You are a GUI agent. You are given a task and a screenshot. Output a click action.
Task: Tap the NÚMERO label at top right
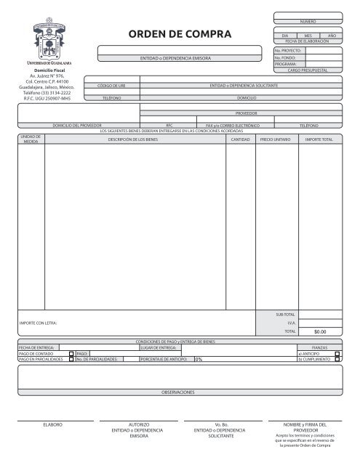[x=308, y=15]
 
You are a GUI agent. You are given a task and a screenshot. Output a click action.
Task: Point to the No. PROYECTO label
[x=288, y=51]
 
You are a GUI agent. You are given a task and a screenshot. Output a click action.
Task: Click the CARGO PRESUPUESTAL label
[x=308, y=70]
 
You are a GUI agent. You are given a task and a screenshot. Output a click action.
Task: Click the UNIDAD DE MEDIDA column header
[x=30, y=138]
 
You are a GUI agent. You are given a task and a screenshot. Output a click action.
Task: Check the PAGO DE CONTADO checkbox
[x=71, y=353]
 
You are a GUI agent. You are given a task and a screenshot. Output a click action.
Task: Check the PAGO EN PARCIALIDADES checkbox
[x=71, y=359]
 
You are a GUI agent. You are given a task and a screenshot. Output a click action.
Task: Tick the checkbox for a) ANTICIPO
[x=337, y=353]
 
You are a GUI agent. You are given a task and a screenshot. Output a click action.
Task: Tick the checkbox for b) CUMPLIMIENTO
[x=337, y=359]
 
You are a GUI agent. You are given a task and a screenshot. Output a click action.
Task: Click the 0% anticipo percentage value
[x=198, y=359]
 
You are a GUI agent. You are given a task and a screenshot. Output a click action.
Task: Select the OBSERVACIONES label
[x=178, y=392]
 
